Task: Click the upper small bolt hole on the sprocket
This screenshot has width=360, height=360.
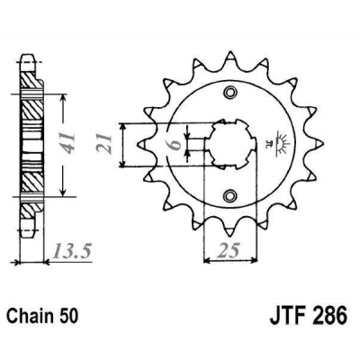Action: (x=231, y=93)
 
